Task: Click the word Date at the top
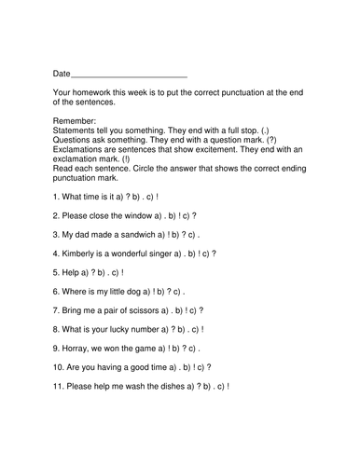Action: click(x=62, y=73)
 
